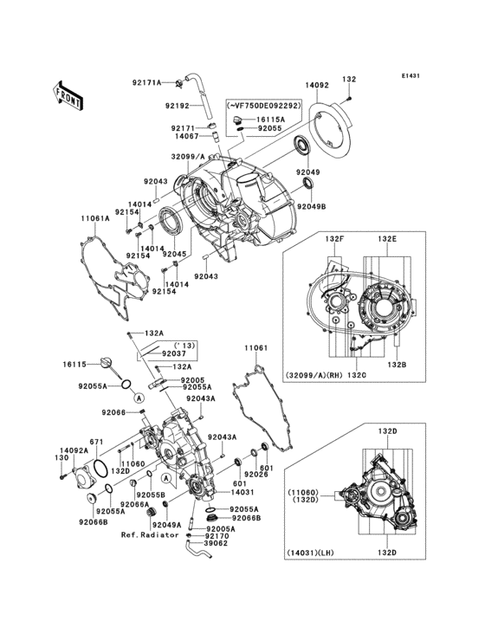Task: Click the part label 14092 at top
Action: tap(318, 86)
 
